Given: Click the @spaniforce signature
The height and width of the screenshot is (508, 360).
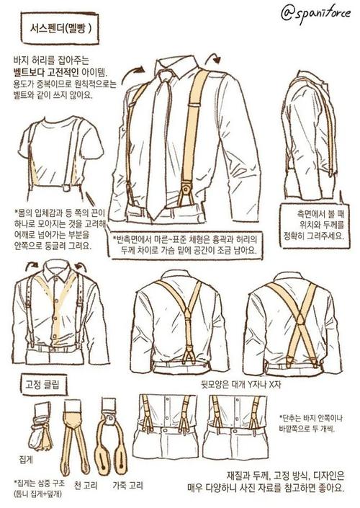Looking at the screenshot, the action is tap(315, 14).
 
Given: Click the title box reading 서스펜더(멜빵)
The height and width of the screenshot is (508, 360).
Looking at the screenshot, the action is tap(60, 29).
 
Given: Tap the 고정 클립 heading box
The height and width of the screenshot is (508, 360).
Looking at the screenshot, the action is tap(42, 386).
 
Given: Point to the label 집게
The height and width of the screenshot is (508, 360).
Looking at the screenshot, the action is tap(26, 459).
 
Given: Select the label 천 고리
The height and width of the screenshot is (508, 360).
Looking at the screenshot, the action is tap(86, 486).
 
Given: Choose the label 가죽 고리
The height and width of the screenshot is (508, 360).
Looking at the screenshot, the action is tap(127, 486).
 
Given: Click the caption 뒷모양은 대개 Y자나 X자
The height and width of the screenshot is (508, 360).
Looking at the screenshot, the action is tap(241, 384).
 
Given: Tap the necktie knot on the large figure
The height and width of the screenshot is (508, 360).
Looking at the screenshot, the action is tap(164, 76).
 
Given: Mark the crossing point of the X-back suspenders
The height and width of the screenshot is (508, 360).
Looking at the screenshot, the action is tap(300, 318).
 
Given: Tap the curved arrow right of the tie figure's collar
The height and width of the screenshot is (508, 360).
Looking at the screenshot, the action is tap(213, 58).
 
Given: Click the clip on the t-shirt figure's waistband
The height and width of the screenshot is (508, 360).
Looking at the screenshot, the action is tap(68, 187).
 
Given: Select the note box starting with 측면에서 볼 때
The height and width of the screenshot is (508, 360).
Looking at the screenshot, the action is tap(315, 226).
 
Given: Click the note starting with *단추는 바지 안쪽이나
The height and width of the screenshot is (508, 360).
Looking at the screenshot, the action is tap(311, 423).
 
